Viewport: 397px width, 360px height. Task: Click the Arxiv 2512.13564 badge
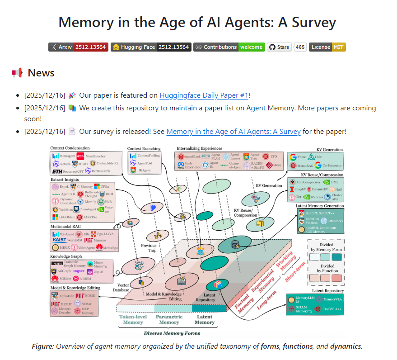[78, 47]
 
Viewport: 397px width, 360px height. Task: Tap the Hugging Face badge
[151, 47]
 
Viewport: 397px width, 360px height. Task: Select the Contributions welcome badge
[229, 47]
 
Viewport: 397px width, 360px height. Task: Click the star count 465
[300, 47]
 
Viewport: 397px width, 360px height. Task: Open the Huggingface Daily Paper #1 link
[204, 95]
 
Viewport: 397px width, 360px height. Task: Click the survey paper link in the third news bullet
[233, 132]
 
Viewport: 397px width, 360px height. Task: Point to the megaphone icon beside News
[17, 73]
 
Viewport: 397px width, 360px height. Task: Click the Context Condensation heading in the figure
[70, 148]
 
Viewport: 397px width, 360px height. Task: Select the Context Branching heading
[144, 148]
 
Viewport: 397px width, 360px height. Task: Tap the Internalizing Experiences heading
[199, 148]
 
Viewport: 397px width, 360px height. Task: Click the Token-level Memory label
[134, 319]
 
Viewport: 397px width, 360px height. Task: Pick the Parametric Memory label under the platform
[169, 319]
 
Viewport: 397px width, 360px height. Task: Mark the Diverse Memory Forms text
[172, 333]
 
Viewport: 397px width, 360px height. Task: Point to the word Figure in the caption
[42, 346]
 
